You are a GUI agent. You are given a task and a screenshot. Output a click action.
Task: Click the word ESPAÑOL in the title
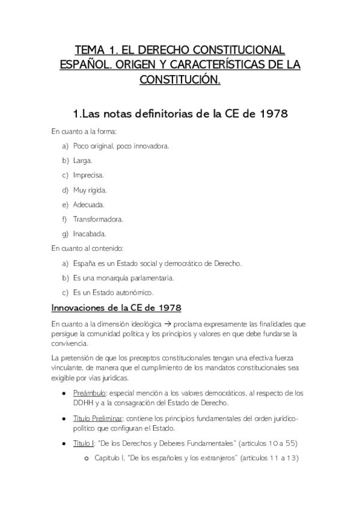(81, 63)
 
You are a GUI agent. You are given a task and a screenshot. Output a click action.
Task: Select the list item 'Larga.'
(82, 161)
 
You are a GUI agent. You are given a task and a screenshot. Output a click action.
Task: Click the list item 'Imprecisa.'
(88, 175)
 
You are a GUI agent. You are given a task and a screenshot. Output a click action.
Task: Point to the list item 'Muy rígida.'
(90, 190)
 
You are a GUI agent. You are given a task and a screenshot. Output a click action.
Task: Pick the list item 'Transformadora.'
(97, 219)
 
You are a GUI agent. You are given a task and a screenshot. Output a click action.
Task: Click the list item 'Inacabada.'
(90, 233)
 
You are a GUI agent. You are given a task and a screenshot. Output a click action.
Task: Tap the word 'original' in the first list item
(103, 146)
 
